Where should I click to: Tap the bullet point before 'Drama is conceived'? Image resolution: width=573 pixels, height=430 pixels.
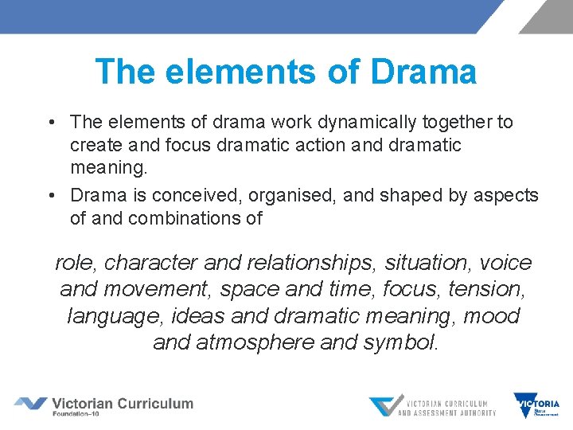pos(50,195)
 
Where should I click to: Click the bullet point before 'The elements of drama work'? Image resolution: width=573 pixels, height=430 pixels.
pos(50,123)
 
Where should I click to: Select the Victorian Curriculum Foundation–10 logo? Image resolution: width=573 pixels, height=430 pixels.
pos(104,405)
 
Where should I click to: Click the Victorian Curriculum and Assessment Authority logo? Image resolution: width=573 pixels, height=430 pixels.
pos(432,405)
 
